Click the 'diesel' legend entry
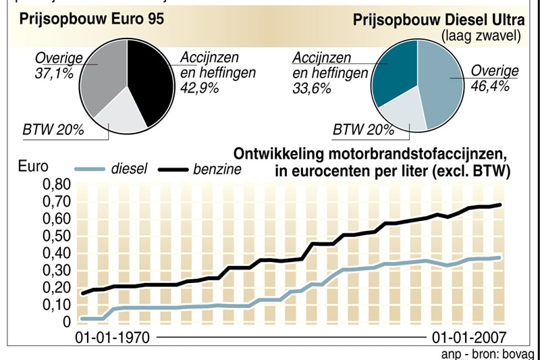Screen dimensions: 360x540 click(128, 170)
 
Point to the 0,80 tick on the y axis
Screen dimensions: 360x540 click(57, 185)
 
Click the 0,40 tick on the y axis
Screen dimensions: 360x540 click(57, 253)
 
